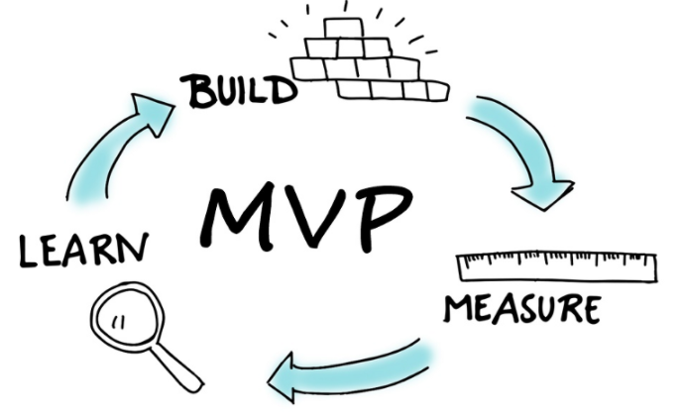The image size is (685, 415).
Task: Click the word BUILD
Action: [x=239, y=91]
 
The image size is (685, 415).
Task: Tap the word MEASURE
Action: [x=522, y=309]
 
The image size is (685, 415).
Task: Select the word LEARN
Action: [x=84, y=250]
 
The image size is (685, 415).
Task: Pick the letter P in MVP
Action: [x=381, y=217]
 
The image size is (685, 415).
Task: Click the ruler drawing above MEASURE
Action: [x=556, y=266]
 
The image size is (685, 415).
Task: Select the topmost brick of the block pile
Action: [x=343, y=29]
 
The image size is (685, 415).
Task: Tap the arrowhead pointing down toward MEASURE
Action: [x=543, y=194]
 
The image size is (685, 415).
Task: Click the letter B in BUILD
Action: [x=195, y=91]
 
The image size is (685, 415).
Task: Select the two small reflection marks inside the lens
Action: [x=118, y=322]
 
